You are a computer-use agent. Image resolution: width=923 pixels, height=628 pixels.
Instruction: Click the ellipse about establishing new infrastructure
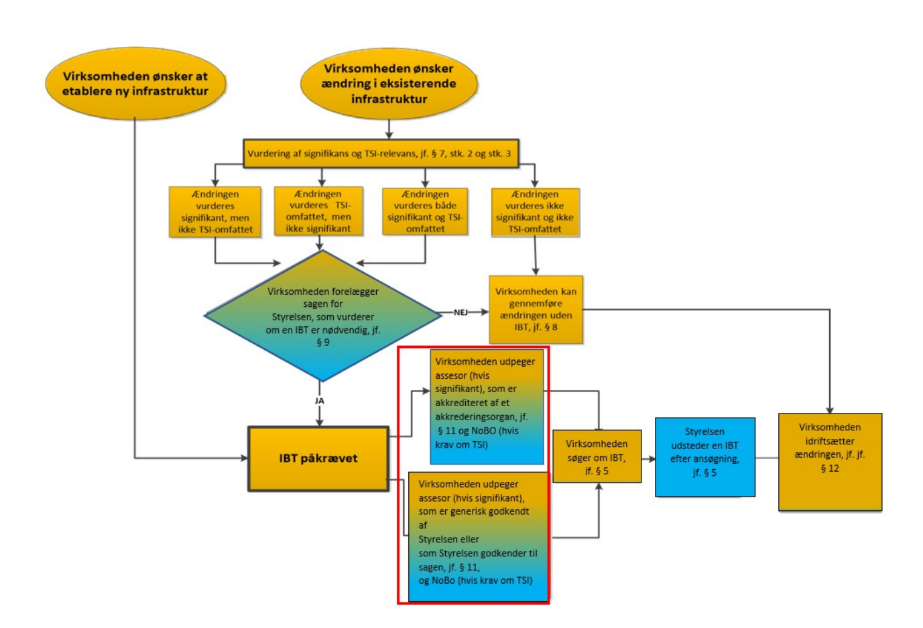coord(135,84)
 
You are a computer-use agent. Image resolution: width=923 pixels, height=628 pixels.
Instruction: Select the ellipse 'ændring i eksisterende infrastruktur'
coord(389,84)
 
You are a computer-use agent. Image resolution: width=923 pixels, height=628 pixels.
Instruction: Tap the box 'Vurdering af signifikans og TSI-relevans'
coord(379,153)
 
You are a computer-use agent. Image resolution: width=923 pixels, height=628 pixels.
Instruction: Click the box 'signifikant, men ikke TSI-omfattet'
coord(215,212)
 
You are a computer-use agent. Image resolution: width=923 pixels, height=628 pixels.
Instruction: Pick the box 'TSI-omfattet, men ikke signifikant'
coord(318,211)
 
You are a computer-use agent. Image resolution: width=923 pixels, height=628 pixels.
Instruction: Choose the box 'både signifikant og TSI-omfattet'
coord(425,211)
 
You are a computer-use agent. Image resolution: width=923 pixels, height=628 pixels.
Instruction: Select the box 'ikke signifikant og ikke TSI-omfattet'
coord(535,212)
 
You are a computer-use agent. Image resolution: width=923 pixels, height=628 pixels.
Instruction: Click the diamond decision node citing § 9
coord(322,316)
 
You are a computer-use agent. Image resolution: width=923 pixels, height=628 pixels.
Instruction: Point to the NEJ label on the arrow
coord(460,312)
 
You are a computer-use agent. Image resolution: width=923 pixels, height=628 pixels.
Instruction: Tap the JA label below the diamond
coord(319,401)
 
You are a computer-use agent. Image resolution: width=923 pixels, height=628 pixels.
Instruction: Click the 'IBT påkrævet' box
coord(318,458)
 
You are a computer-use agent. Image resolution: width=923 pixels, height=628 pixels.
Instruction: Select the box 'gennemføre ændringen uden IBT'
coord(536,310)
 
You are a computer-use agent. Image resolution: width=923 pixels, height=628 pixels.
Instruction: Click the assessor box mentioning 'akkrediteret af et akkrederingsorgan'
coord(486,406)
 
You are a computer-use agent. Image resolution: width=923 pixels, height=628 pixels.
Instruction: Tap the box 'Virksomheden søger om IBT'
coord(597,456)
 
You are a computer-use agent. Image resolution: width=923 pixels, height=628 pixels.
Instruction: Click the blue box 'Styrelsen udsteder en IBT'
coord(704,456)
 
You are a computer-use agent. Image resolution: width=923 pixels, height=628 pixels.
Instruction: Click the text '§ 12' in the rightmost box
coord(830,468)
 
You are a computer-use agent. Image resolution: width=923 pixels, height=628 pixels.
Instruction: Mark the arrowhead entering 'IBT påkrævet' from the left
coord(244,458)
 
